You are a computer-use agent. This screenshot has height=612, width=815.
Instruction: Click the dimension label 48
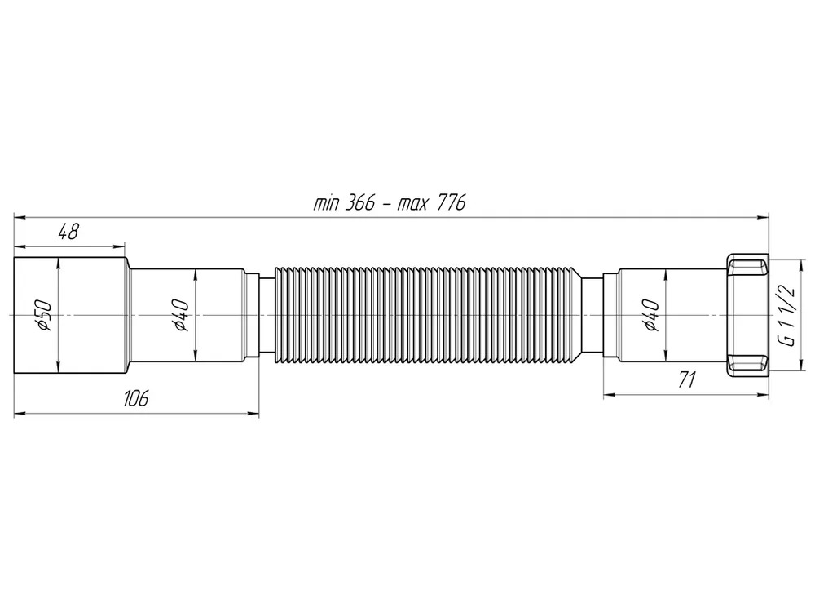coord(68,232)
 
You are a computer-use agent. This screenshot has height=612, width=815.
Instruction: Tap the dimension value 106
coord(136,399)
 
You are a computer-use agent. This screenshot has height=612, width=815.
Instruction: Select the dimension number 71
coord(686,380)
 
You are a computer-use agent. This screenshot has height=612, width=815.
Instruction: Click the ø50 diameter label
coord(44,314)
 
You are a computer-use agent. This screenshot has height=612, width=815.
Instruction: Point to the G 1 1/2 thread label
coord(787,316)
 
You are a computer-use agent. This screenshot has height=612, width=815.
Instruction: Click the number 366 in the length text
coord(359,202)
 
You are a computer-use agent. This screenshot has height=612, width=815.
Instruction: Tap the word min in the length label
coord(325,203)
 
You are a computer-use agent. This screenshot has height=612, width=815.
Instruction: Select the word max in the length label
coord(413,203)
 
